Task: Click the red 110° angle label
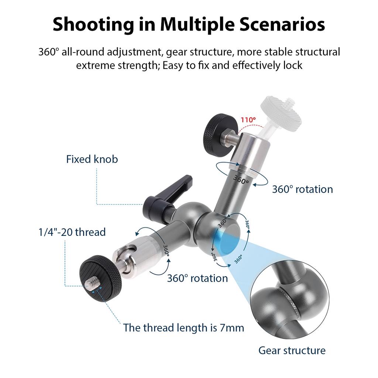point(248,120)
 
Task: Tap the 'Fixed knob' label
point(92,159)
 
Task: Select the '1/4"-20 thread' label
point(72,232)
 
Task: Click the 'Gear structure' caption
point(292,350)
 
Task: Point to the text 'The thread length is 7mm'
point(184,328)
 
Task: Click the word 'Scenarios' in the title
point(282,25)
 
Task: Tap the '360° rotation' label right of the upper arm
point(303,189)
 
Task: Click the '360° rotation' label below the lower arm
point(197,278)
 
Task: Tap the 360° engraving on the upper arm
point(241,179)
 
